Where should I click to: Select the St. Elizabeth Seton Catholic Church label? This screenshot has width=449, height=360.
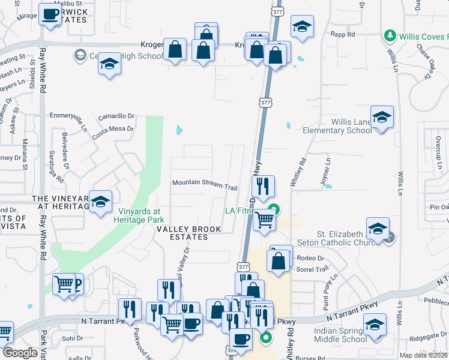(348, 238)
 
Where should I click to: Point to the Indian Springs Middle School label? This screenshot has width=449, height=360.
(340, 335)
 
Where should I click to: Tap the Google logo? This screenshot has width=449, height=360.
(20, 353)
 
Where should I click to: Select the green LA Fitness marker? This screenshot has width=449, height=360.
(274, 209)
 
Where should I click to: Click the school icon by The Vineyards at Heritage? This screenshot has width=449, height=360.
(101, 202)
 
